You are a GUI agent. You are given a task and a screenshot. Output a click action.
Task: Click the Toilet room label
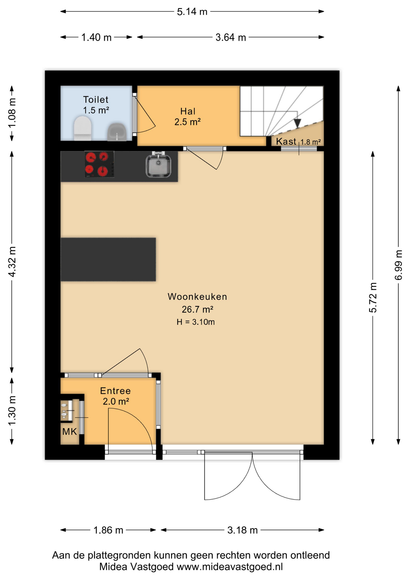click(96, 99)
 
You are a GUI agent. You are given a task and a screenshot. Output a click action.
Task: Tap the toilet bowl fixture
click(83, 129)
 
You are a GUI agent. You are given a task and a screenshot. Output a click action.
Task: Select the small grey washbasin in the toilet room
click(117, 132)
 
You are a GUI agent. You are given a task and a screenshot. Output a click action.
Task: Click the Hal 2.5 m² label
click(187, 117)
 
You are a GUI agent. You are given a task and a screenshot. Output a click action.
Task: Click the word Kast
click(286, 141)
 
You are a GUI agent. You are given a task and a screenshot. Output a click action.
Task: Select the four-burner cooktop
click(99, 164)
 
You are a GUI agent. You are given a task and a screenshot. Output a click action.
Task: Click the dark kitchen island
click(108, 259)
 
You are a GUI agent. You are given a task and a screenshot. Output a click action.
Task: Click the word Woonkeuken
click(197, 297)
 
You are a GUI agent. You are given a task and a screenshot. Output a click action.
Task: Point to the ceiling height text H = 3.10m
click(196, 322)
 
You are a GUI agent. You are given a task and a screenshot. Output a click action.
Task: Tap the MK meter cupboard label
click(69, 432)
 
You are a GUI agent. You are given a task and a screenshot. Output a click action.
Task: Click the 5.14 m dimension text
click(192, 12)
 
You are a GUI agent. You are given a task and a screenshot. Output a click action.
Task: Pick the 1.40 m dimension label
click(96, 37)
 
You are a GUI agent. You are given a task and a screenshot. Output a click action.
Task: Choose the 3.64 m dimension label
click(231, 37)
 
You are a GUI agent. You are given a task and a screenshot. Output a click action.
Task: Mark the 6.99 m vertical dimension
click(399, 265)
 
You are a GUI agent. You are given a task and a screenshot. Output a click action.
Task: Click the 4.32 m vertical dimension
click(12, 262)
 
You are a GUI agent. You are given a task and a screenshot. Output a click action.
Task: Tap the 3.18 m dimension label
click(242, 530)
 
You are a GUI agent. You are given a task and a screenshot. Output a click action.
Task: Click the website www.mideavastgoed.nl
click(230, 567)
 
